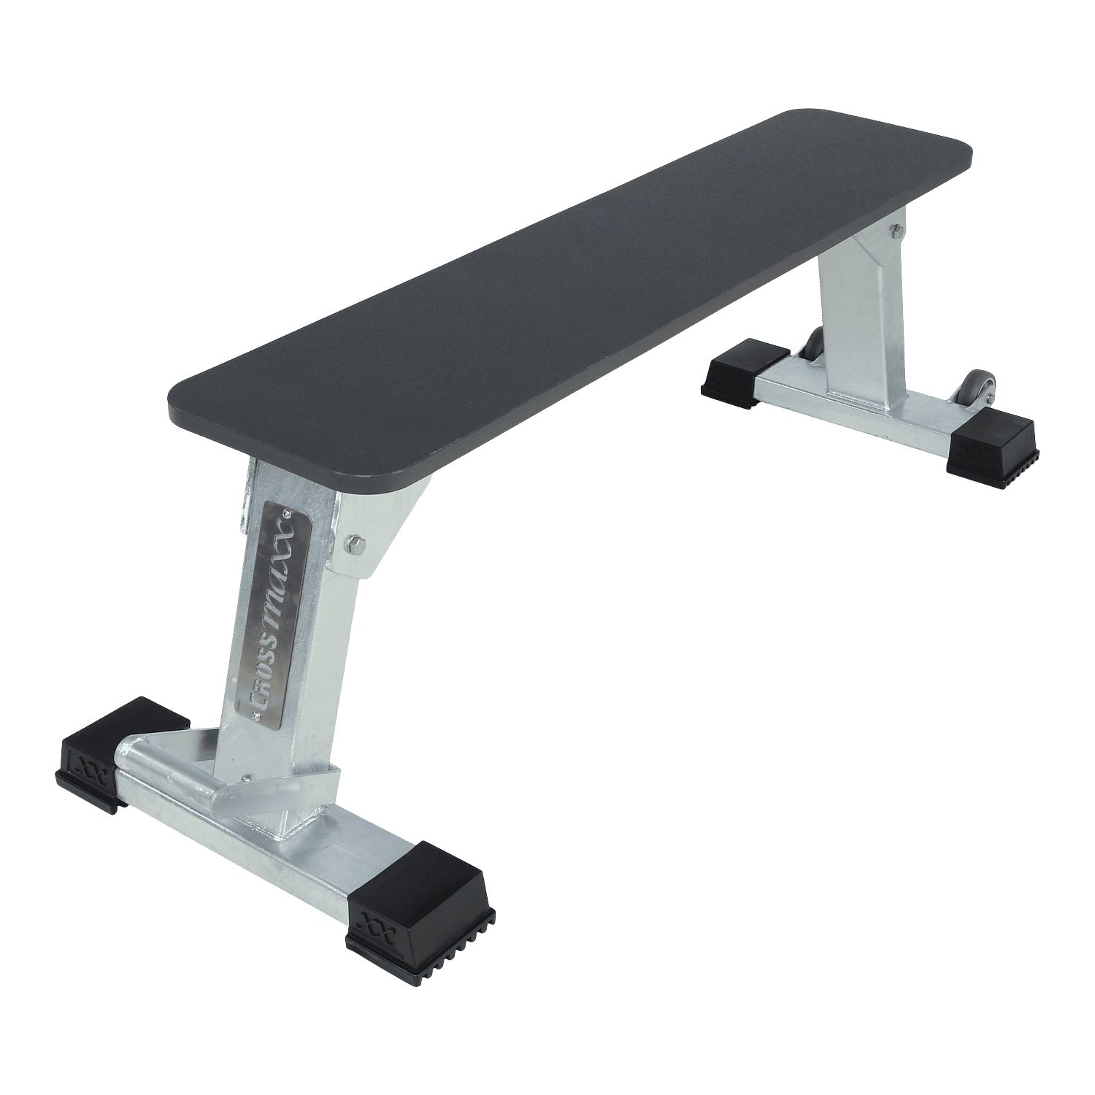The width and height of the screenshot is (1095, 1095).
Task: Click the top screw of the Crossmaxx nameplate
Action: coord(291,503)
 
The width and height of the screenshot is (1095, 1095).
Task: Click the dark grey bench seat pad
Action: coord(569,292)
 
